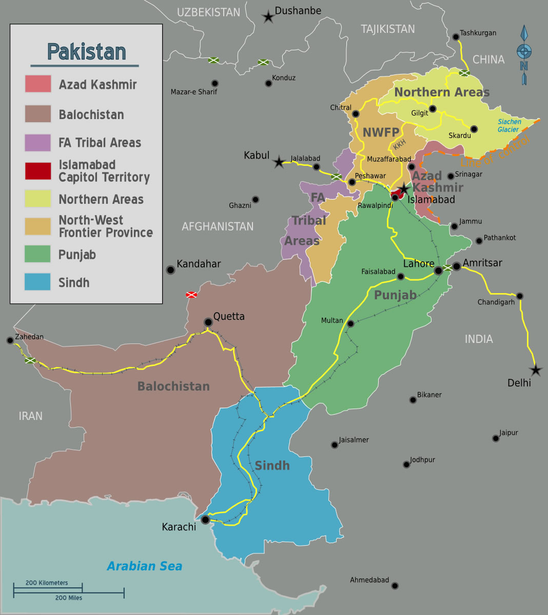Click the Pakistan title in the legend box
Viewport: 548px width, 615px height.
coord(86,52)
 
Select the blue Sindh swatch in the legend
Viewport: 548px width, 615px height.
coord(37,282)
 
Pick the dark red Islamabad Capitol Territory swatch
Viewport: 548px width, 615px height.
coord(38,171)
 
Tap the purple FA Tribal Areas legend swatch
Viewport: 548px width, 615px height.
coord(38,143)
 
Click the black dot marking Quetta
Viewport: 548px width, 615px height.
coord(208,322)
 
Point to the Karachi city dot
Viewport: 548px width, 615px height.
coord(205,520)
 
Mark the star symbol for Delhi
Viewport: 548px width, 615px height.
coord(536,370)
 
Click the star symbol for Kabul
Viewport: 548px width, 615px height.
coord(279,163)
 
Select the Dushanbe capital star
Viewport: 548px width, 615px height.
coord(268,17)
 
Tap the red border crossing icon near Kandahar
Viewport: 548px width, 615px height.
coord(191,295)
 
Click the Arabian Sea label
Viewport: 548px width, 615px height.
coord(144,566)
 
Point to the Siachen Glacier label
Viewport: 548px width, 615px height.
coord(509,126)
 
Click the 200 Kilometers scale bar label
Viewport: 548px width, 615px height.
coord(47,583)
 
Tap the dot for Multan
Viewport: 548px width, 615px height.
coord(350,324)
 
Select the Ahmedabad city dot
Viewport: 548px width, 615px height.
coord(395,586)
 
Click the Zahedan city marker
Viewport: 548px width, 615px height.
coord(10,340)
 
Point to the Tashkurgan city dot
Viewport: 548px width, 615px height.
coord(456,36)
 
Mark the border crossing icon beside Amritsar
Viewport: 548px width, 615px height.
coord(447,268)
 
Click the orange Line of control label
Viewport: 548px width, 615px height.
coord(495,152)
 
